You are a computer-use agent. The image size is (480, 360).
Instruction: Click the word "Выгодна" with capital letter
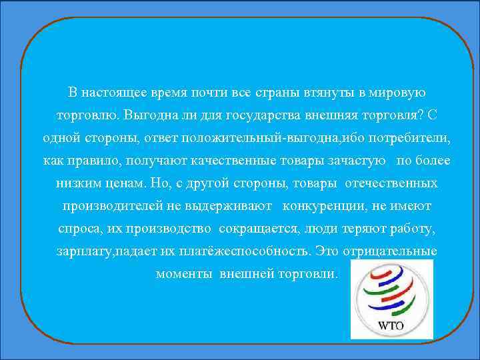tap(148, 115)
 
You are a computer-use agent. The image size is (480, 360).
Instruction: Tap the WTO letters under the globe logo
tap(392, 326)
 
